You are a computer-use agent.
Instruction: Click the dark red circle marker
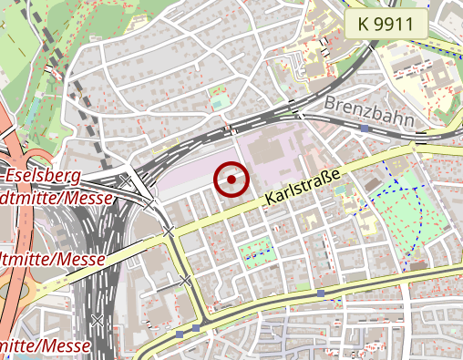coord(232,180)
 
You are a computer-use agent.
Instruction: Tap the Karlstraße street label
coord(303,186)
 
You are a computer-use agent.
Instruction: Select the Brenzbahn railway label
coord(368,110)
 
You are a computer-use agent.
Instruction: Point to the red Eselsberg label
coord(43,175)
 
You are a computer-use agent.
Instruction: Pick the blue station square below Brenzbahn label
coord(364,129)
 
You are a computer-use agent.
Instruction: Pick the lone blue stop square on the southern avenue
coord(321,293)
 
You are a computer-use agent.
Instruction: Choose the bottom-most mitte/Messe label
coord(46,346)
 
